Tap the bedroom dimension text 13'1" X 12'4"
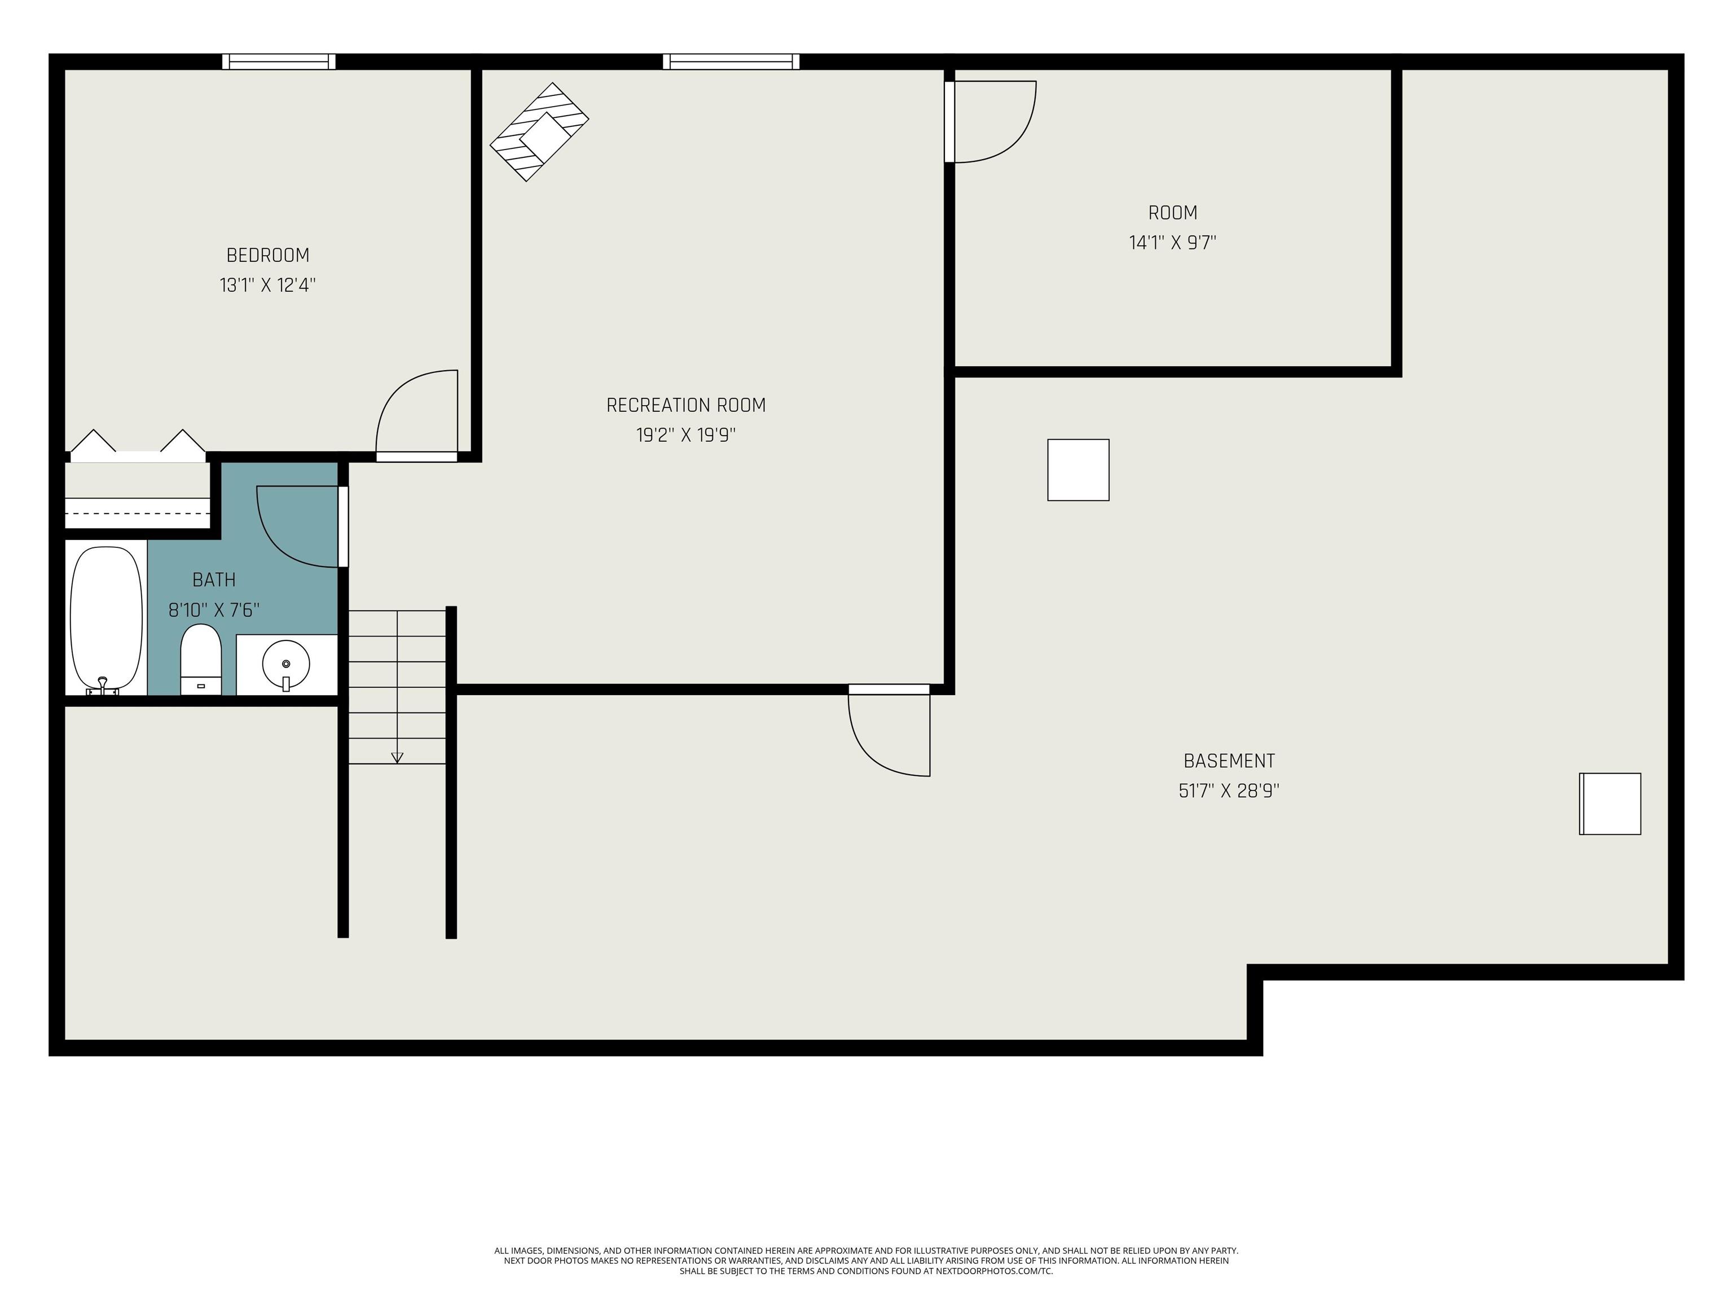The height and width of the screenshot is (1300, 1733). click(267, 286)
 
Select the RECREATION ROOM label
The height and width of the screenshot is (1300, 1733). click(685, 405)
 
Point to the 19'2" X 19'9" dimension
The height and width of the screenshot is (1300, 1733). click(685, 435)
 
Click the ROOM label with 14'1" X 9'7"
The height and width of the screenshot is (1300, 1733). click(1172, 212)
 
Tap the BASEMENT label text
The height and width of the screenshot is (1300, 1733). click(1229, 761)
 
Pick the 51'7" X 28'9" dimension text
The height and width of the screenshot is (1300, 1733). click(1229, 790)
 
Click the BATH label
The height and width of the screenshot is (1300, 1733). click(214, 580)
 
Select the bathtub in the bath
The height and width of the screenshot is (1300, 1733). click(107, 619)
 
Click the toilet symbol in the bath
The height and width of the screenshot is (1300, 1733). click(201, 658)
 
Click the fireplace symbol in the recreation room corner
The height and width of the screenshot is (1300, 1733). click(539, 131)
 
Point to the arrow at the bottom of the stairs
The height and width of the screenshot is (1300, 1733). click(397, 757)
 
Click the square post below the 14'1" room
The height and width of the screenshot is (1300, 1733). click(1078, 469)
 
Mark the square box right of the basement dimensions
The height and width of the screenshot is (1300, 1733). click(1609, 804)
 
